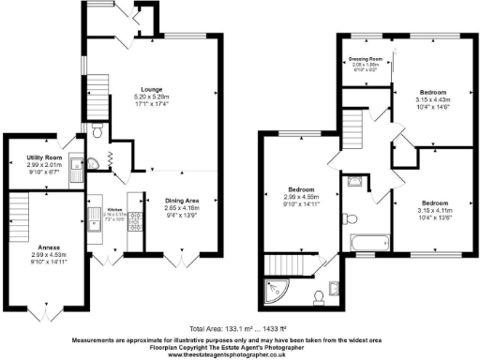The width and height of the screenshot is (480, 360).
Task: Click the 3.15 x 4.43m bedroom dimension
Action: (432, 101)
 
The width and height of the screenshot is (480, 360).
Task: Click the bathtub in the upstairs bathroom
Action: (367, 243)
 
